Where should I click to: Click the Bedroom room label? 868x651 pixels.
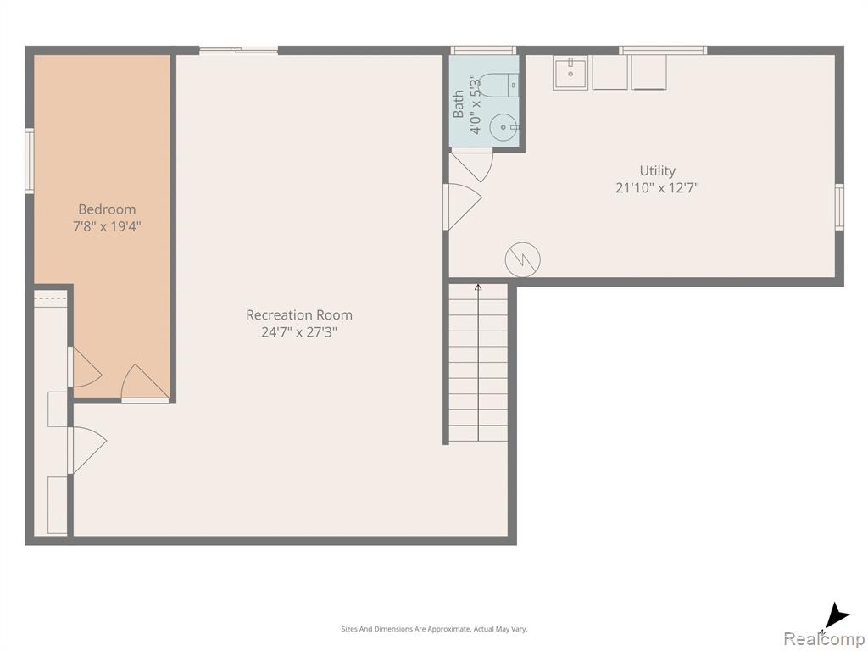(107, 209)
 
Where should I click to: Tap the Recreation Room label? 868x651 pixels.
(299, 315)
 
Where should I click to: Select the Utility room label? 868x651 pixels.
(657, 170)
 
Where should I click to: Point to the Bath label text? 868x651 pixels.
(459, 104)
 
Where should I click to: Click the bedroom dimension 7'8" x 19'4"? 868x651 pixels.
(108, 226)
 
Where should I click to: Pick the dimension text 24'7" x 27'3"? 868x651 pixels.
(299, 332)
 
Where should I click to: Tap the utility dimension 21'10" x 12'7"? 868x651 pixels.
(657, 187)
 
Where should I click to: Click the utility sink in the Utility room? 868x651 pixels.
(570, 73)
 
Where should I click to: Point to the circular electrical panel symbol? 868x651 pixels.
(522, 259)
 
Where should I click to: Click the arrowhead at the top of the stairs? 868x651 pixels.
(478, 287)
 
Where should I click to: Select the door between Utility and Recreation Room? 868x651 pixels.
(463, 207)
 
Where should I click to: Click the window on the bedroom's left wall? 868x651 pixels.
(30, 160)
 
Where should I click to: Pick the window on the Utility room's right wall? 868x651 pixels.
(839, 207)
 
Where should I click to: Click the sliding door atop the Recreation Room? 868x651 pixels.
(238, 50)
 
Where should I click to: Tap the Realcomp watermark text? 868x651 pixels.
(824, 638)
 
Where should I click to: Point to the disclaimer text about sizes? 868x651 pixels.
(434, 629)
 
